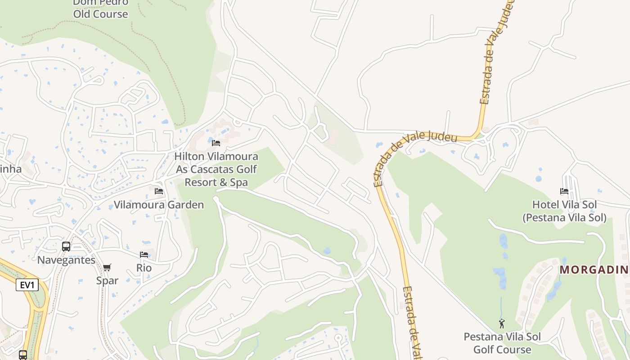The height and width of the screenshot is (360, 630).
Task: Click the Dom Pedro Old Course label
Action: (x=100, y=9)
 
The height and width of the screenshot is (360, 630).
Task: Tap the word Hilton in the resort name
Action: (x=189, y=157)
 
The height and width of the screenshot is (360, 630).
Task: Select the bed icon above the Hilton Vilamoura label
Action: (x=216, y=143)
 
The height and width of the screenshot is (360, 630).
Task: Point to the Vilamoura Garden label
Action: (x=158, y=205)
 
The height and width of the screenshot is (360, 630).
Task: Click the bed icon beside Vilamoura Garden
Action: (x=159, y=191)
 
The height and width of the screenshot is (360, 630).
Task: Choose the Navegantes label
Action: (x=66, y=260)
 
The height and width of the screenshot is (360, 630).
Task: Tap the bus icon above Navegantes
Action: (x=66, y=247)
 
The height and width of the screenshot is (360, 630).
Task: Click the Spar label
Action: (x=107, y=280)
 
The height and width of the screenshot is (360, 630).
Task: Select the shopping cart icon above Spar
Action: (x=107, y=268)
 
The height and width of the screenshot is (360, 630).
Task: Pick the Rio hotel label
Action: (x=144, y=268)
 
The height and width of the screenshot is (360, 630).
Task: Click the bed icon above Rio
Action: (x=144, y=255)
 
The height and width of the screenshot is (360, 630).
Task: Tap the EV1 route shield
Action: (x=27, y=285)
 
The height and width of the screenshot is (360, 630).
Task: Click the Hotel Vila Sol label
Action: (x=564, y=205)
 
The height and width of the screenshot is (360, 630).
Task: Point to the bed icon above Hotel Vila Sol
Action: (x=564, y=191)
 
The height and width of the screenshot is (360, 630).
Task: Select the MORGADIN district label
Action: (x=594, y=270)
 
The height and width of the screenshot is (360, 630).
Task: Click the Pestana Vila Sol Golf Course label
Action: (x=502, y=343)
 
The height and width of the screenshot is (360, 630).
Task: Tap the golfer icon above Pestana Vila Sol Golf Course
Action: (x=502, y=324)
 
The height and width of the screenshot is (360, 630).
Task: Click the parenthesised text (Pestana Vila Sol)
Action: (x=564, y=218)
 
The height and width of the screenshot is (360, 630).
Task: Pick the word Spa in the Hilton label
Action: (x=239, y=182)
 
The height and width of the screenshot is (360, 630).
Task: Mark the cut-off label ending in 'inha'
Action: (x=11, y=169)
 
